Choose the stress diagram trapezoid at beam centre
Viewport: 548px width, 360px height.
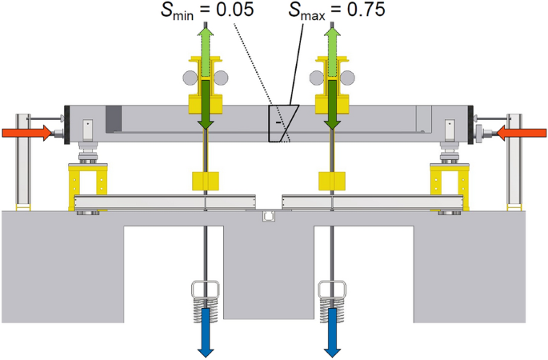[282, 124]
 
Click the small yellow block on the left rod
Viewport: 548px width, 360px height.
[206, 180]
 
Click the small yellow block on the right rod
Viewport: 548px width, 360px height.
[331, 180]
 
